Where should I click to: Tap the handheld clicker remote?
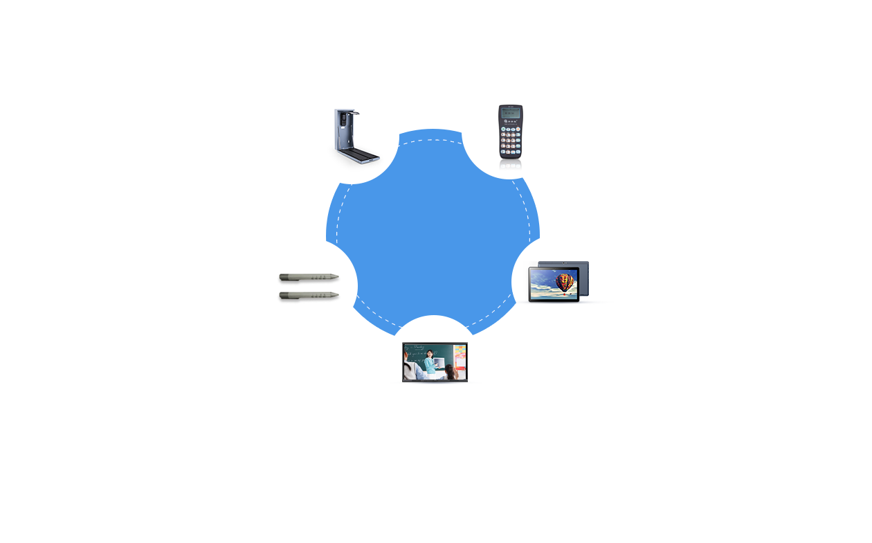[511, 132]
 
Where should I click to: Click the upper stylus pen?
[309, 278]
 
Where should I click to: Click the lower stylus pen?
[309, 296]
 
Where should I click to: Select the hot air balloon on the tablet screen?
[565, 283]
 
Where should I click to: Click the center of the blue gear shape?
[433, 232]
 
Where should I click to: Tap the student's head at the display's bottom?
[451, 373]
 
